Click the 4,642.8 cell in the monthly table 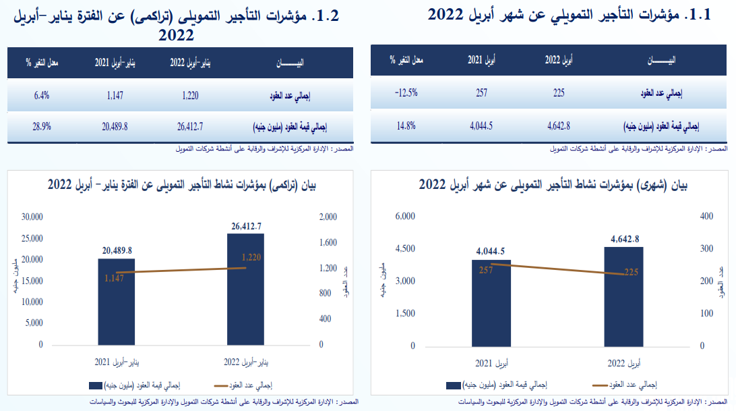coord(559,125)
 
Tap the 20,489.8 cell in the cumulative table coord(115,126)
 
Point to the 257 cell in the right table coord(481,92)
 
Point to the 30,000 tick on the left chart coord(32,217)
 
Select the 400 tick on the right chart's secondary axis coord(706,216)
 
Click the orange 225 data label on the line coord(632,272)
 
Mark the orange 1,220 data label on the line coord(251,257)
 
